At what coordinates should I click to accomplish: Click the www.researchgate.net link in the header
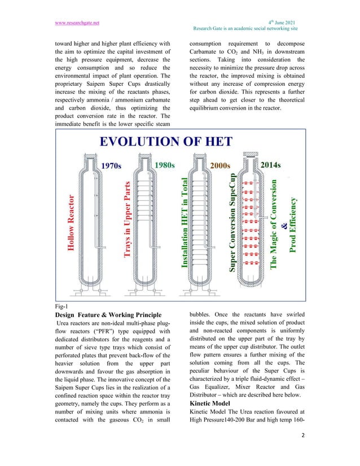pyautogui.click(x=77, y=23)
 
